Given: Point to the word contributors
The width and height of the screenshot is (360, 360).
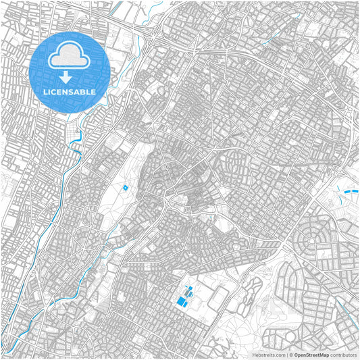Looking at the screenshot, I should click(343, 355).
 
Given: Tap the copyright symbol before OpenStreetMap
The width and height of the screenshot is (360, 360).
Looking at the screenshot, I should click(291, 355).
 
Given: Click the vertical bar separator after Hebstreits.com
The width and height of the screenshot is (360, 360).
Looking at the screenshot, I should click(287, 355).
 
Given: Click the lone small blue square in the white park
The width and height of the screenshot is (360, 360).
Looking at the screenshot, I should click(125, 186).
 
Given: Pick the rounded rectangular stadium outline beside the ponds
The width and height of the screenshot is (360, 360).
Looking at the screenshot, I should click(220, 297).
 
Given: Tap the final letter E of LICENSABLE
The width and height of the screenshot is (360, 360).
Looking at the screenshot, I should click(93, 91).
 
